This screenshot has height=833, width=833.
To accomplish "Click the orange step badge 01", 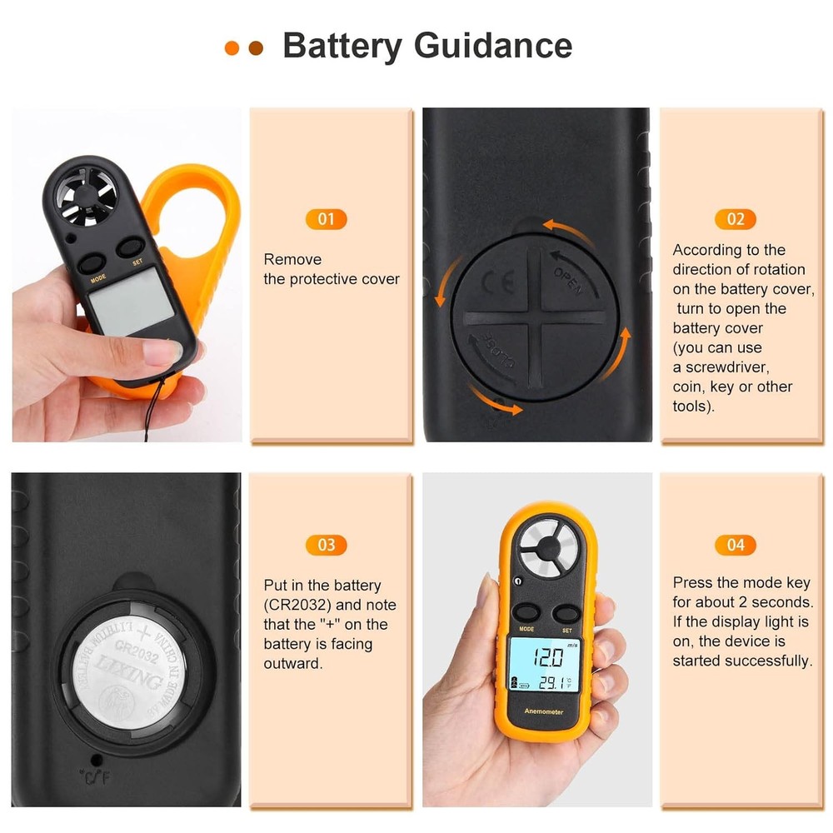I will pyautogui.click(x=326, y=219).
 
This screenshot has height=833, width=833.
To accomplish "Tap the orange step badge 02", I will pyautogui.click(x=736, y=219).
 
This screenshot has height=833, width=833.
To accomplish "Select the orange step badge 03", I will pyautogui.click(x=326, y=545).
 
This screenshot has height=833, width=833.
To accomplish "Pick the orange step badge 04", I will pyautogui.click(x=736, y=545).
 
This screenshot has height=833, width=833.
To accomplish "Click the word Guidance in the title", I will pyautogui.click(x=492, y=45).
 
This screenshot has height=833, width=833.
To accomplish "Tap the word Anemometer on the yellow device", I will pyautogui.click(x=544, y=711).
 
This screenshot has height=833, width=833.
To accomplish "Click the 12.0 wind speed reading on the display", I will pyautogui.click(x=548, y=656).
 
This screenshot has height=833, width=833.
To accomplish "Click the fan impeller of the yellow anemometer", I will pyautogui.click(x=546, y=547).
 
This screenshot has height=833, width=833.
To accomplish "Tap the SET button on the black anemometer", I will pyautogui.click(x=131, y=247).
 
